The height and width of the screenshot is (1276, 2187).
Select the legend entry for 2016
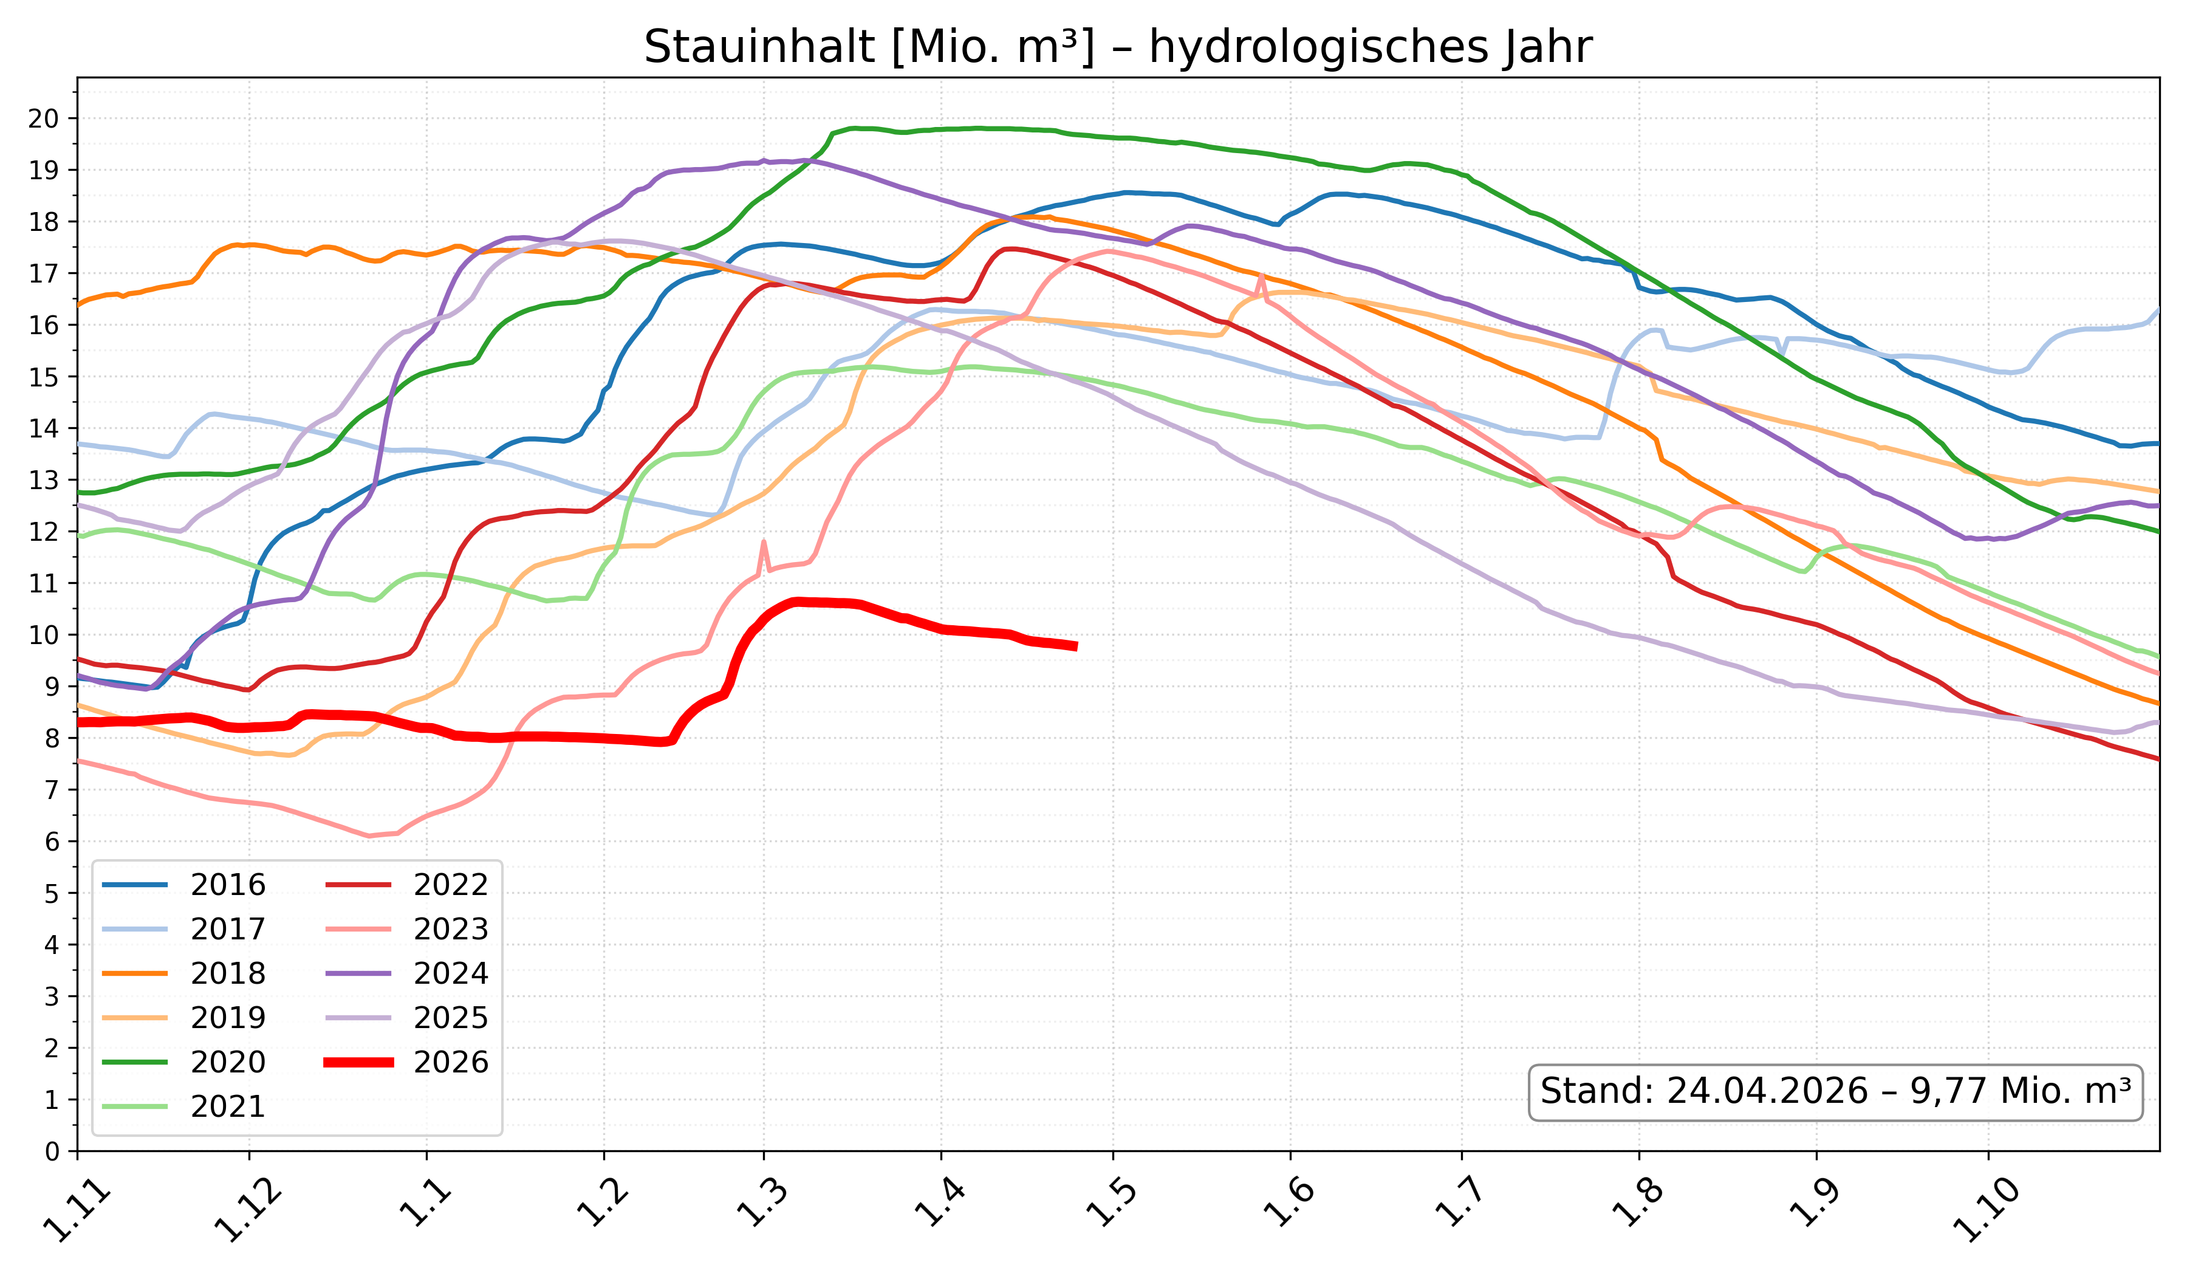pyautogui.click(x=227, y=885)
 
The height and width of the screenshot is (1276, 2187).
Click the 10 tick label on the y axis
pyautogui.click(x=43, y=636)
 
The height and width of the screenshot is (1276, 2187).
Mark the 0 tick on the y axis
pyautogui.click(x=52, y=1152)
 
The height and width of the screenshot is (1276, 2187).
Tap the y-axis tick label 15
pyautogui.click(x=43, y=377)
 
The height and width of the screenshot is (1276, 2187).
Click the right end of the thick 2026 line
pyautogui.click(x=1076, y=646)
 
